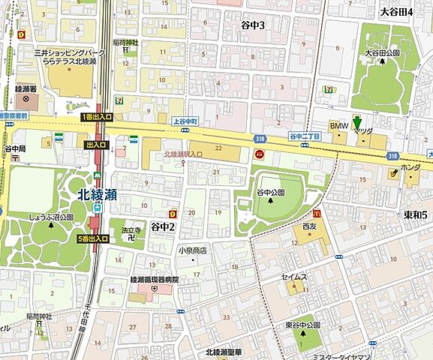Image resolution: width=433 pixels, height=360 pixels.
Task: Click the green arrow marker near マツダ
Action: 357,121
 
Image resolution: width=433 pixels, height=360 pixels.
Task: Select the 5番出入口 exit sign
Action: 93,238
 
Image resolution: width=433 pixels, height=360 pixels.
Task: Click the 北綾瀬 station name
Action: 96,192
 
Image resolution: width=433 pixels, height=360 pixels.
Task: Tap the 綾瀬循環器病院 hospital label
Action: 155,279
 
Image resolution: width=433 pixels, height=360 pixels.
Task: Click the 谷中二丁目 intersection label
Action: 305,136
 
